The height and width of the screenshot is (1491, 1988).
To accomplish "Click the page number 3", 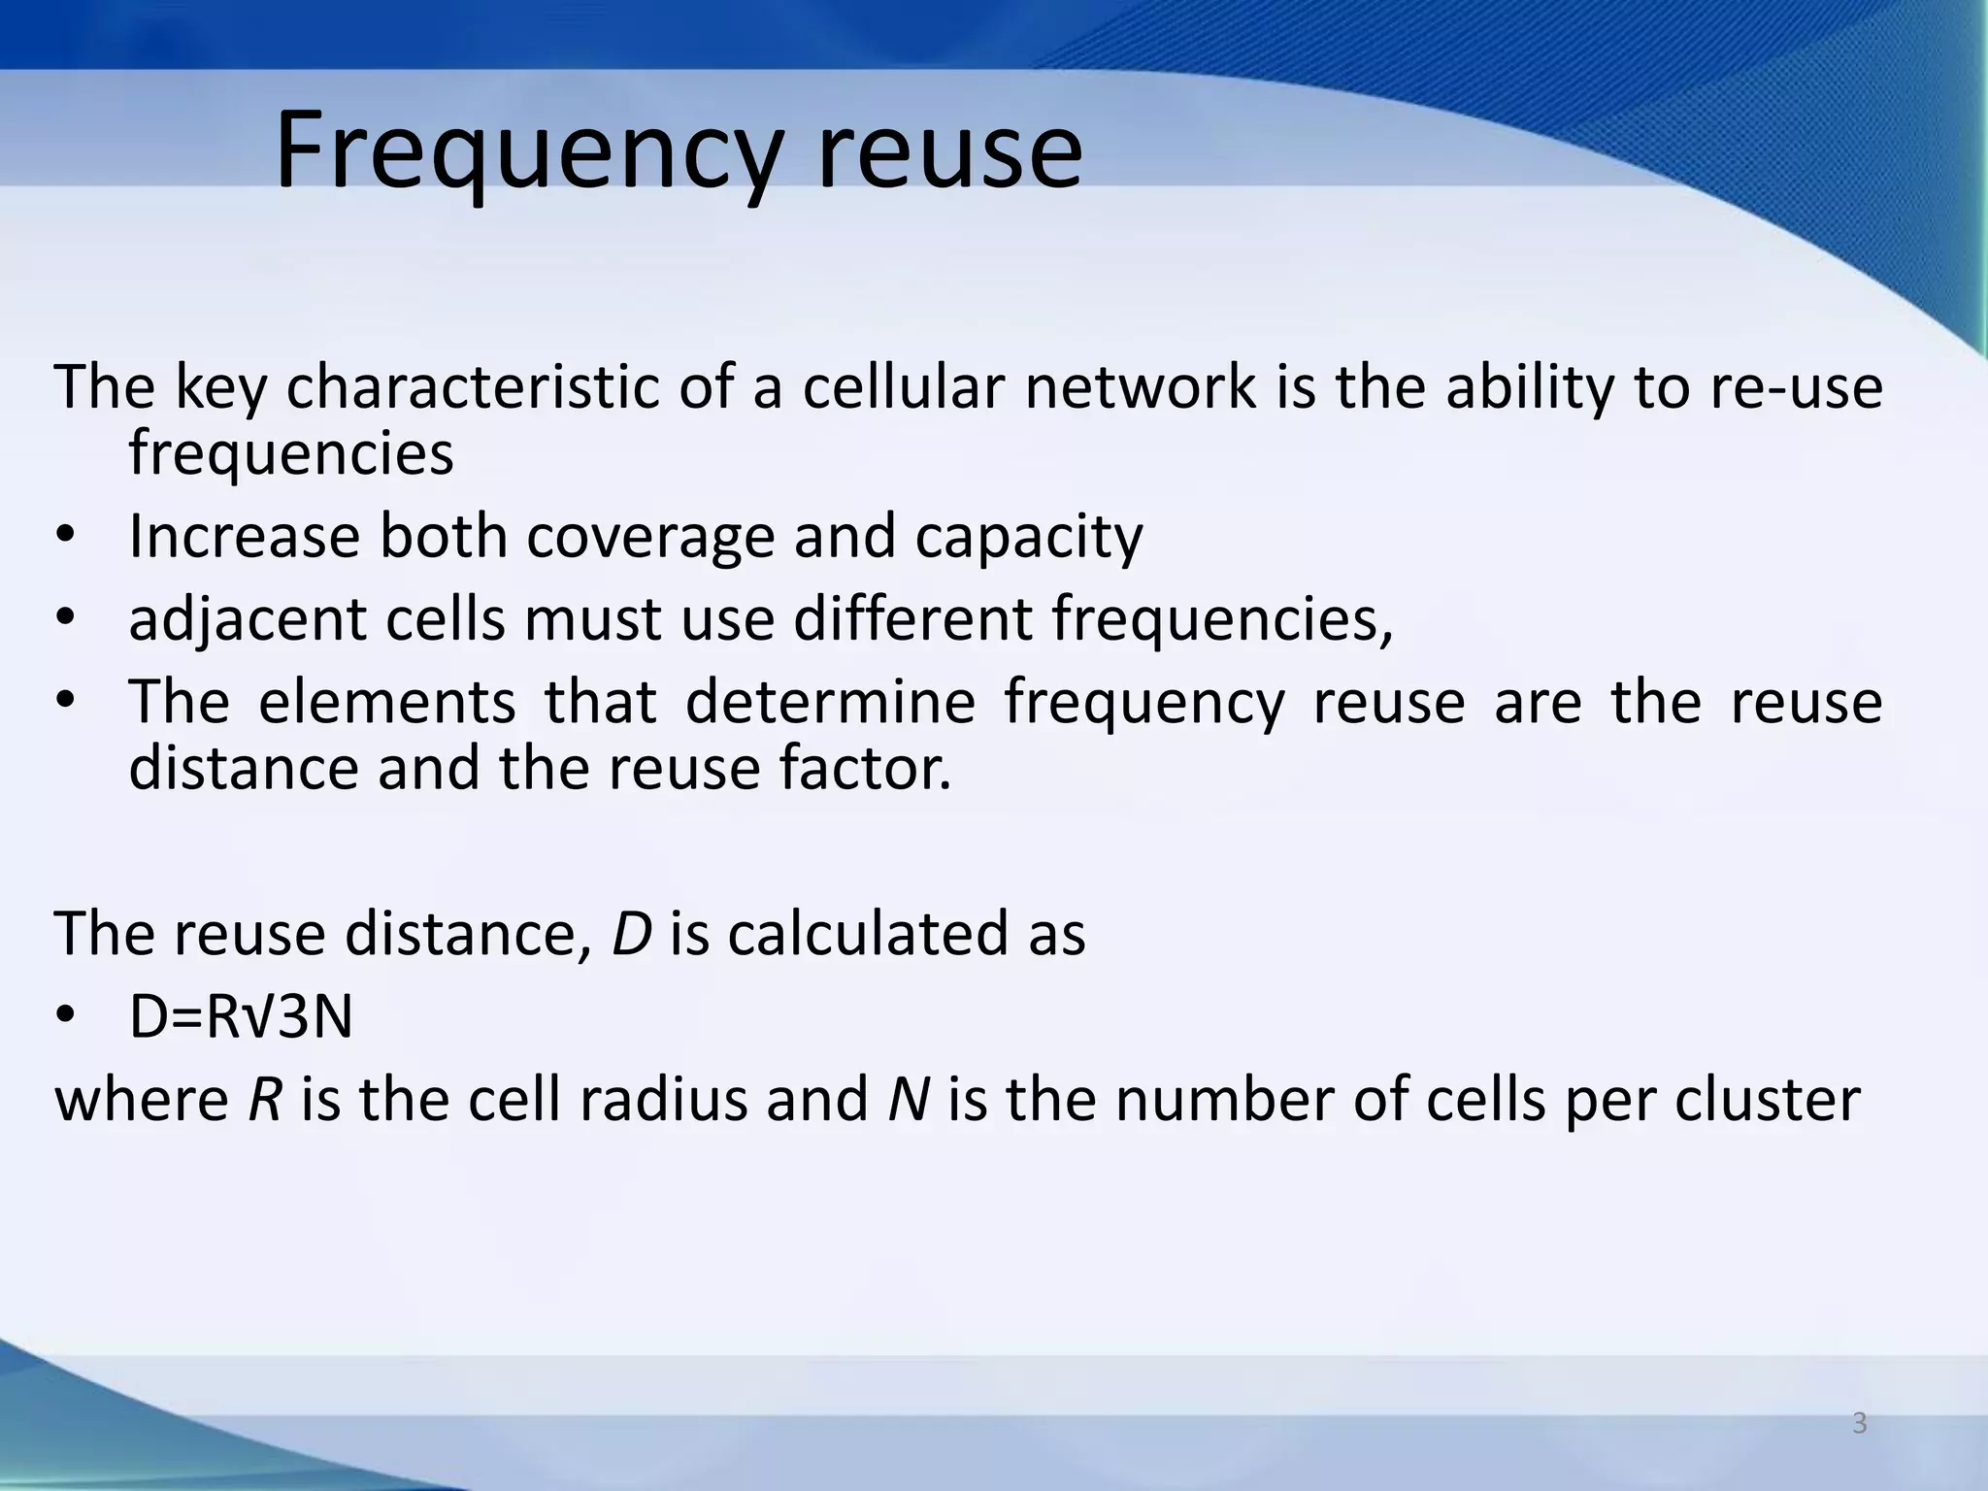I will pos(1859,1424).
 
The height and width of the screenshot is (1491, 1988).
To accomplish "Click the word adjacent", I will pos(248,619).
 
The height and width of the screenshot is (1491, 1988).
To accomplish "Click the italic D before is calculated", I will pos(631,934).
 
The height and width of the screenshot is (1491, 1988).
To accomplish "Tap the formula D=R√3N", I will pos(241,1017).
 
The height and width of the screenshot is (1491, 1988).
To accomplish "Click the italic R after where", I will pos(264,1100).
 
